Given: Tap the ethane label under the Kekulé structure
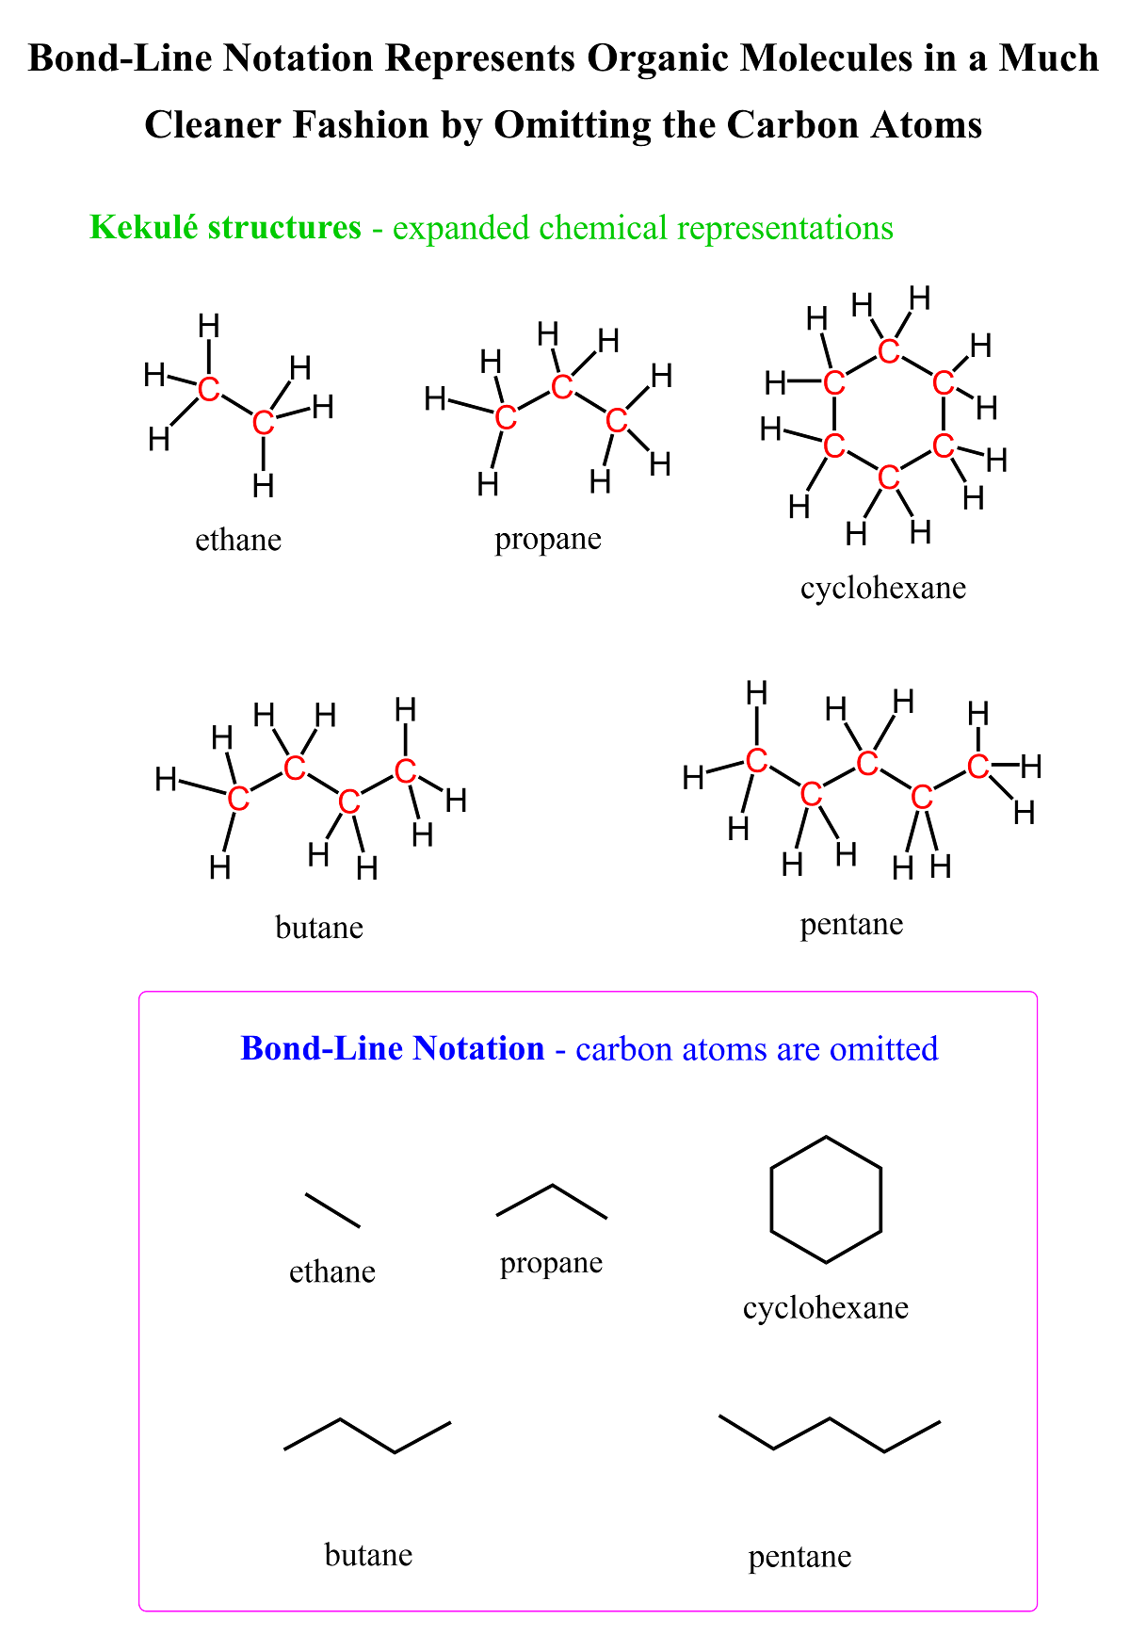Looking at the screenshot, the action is pos(238,540).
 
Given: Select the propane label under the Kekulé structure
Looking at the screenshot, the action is pos(548,541).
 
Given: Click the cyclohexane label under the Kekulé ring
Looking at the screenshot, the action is pos(883,589).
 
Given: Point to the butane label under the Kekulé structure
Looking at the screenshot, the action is pos(319,928).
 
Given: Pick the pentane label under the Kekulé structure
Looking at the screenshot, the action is pos(852,925).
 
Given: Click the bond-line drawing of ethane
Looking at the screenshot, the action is pos(332,1210).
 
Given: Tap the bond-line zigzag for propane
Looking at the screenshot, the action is pos(552,1201).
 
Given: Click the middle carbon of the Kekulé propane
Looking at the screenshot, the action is pos(562,386).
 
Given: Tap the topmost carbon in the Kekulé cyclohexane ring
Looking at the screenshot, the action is pos(888,351).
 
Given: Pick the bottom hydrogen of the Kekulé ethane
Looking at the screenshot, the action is pos(264,486).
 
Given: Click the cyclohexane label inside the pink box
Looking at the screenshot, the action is pos(826,1308).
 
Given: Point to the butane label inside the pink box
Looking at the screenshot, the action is pos(369,1554).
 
